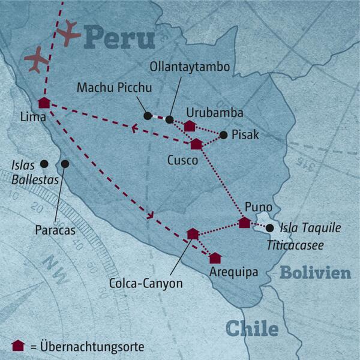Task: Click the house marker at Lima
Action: pos(43,103)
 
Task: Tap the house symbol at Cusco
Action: pos(196,143)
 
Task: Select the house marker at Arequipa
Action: pos(215,258)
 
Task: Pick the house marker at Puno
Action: pos(244,223)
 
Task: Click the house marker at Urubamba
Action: pos(190,125)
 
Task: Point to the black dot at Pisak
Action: pos(223,135)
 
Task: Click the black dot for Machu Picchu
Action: pos(148,115)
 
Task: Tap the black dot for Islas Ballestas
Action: pos(43,163)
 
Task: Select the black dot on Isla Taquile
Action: pos(270,228)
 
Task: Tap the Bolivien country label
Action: pos(315,273)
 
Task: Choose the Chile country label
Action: pos(252,329)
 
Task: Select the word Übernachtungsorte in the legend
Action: pos(94,347)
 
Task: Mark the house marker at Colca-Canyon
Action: pos(193,233)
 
